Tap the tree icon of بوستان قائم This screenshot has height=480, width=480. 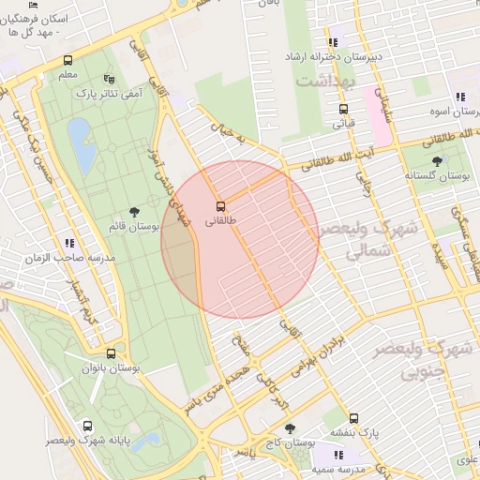click(136, 212)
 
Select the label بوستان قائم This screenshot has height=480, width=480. click(137, 227)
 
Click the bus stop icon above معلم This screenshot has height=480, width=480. click(67, 61)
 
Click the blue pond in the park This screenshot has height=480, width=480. click(81, 145)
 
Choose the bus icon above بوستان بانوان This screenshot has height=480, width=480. click(112, 354)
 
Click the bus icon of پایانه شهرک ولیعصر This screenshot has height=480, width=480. click(87, 425)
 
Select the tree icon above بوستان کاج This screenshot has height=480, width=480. click(289, 428)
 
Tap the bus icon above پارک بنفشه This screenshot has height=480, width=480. click(353, 418)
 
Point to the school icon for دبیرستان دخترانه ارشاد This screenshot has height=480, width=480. click(333, 42)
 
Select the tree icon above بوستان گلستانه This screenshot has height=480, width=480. click(436, 161)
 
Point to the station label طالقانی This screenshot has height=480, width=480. click(221, 221)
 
